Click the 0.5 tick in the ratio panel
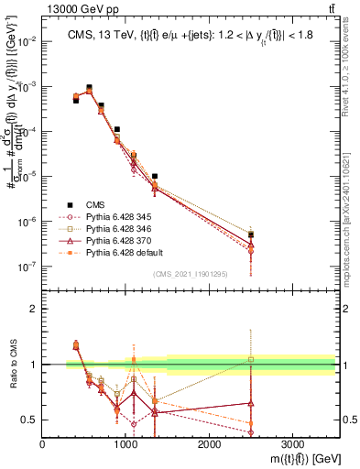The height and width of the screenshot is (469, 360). tap(29, 420)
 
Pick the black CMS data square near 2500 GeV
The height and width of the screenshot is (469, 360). tap(251, 235)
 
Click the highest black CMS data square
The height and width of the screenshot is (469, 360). tap(89, 88)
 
